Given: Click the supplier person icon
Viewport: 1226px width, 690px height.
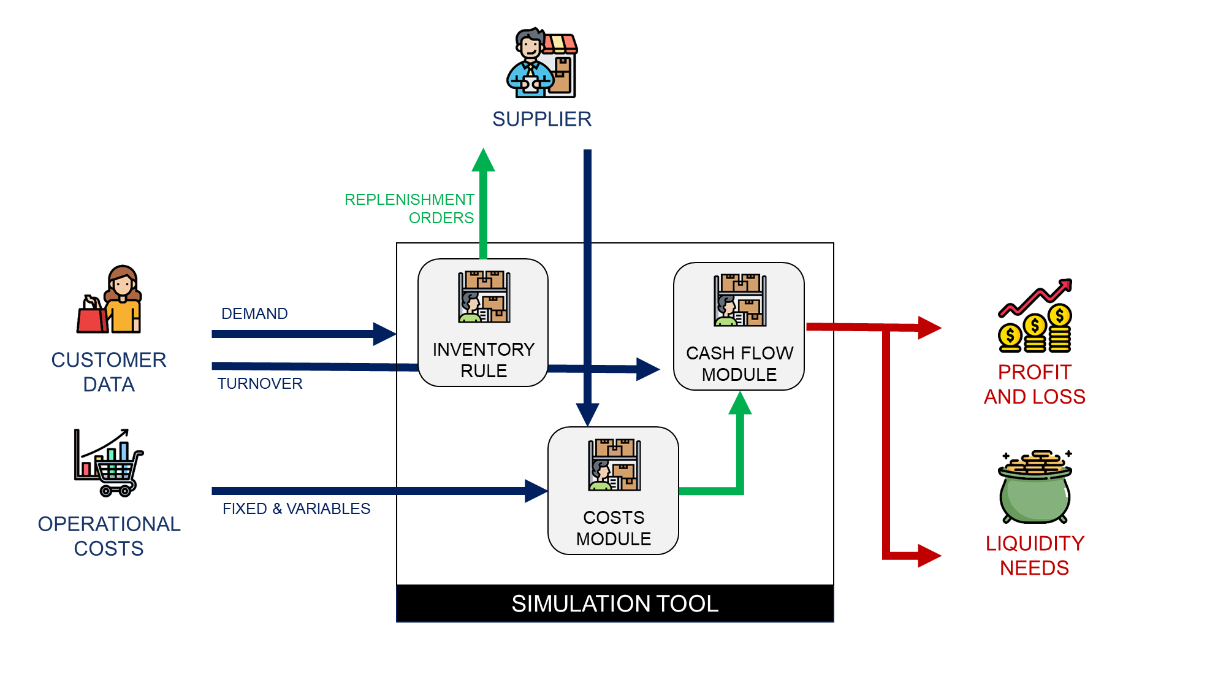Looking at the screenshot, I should [x=542, y=63].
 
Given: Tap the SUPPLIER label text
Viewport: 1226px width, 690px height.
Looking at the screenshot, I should [x=542, y=119].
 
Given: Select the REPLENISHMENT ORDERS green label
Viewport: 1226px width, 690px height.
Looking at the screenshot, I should [x=409, y=209].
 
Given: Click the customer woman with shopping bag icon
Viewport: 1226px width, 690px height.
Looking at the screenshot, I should [x=110, y=300].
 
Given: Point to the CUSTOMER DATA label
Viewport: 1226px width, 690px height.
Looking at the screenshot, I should [x=109, y=372].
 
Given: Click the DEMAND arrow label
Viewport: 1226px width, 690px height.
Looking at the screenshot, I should [x=254, y=313].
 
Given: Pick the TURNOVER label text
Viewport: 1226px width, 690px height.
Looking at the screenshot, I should [x=260, y=383].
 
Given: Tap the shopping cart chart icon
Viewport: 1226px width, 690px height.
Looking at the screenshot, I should [x=109, y=462].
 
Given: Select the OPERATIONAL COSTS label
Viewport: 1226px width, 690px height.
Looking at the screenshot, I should [x=109, y=536].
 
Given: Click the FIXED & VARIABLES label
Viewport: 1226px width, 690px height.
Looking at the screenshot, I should [x=296, y=508].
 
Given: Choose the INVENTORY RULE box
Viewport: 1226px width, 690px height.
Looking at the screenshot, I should [x=483, y=323].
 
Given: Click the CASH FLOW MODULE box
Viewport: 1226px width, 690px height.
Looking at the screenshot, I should [x=739, y=326].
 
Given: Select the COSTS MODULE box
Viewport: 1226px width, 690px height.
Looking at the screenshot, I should [x=613, y=491].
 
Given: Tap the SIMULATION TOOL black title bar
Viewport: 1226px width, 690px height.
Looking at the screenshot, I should [x=615, y=604].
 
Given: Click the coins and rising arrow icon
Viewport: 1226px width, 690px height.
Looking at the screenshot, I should [x=1035, y=316].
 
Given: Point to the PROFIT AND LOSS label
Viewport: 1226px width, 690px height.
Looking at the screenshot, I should [x=1035, y=385].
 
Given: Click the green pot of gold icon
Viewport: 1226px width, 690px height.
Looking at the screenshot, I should [x=1035, y=487].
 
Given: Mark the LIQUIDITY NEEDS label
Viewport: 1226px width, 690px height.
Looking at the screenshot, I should [x=1035, y=556].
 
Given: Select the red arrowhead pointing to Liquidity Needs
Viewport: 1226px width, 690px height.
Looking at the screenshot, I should [x=929, y=556].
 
